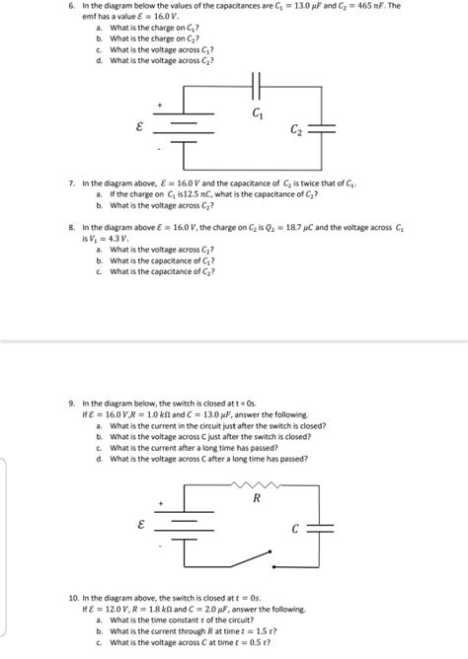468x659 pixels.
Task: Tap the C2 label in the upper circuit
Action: tap(296, 131)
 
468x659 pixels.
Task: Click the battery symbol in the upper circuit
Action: tap(184, 129)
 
